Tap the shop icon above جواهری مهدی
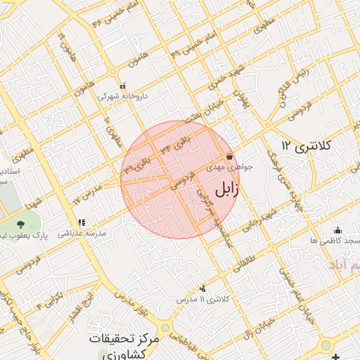click(229, 157)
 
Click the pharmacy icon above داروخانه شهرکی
click(122, 86)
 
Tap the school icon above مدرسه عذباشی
click(81, 221)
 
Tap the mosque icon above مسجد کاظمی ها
click(337, 230)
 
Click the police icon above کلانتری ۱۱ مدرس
click(203, 288)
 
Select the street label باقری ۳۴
click(175, 141)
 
